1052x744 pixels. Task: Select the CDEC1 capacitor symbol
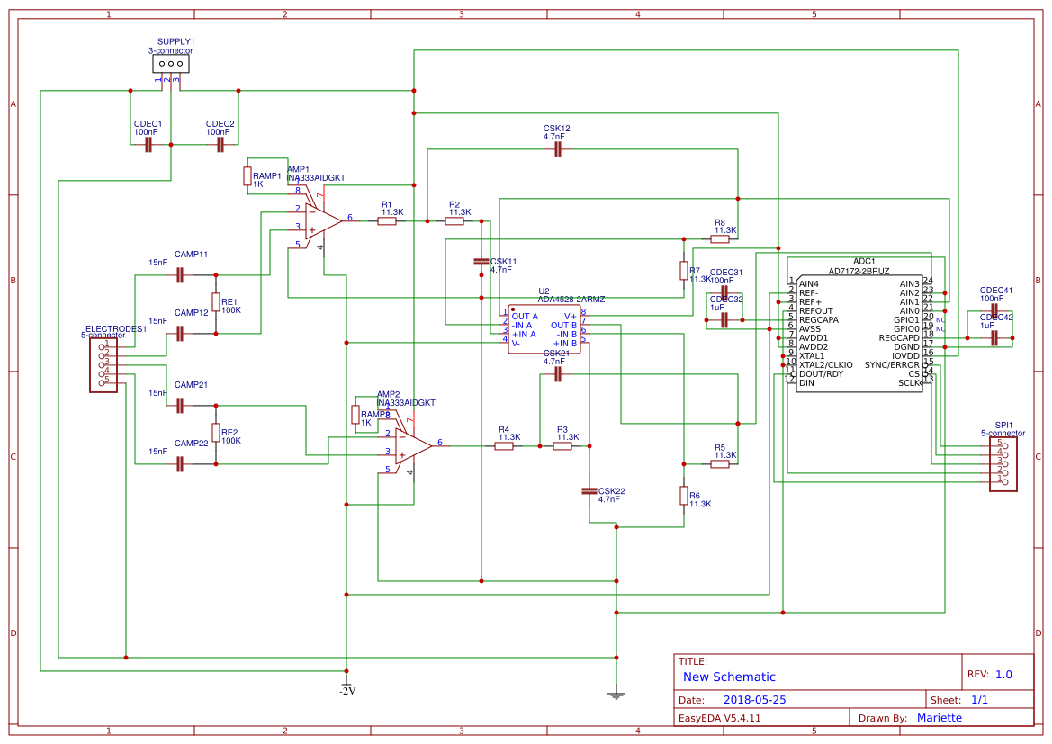[x=148, y=145]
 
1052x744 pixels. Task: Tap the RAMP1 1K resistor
[x=247, y=176]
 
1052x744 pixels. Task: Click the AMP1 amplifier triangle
[x=322, y=219]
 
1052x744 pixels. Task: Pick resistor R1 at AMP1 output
[x=387, y=220]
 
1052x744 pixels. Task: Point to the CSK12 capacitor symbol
[x=557, y=149]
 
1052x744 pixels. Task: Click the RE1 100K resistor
[x=216, y=302]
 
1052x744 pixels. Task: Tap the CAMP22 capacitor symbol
[x=180, y=463]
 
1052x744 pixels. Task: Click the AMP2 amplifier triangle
[x=412, y=444]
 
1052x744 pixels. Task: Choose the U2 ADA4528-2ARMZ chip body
[x=544, y=329]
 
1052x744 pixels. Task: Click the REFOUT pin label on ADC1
[x=816, y=310]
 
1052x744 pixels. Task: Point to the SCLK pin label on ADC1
[x=909, y=383]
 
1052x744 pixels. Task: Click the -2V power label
[x=346, y=691]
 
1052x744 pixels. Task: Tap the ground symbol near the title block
[x=616, y=694]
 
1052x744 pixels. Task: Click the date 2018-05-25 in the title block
[x=754, y=699]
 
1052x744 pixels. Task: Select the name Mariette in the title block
[x=939, y=717]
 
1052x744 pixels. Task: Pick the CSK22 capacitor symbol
[x=589, y=490]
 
